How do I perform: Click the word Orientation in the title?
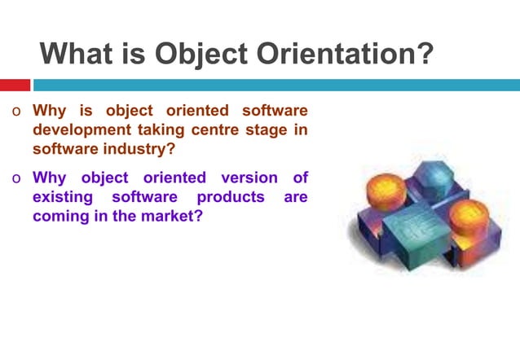tap(342, 55)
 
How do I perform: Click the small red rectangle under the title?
tap(15, 85)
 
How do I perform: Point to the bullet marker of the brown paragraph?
tap(15, 112)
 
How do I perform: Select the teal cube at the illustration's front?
tap(416, 232)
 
